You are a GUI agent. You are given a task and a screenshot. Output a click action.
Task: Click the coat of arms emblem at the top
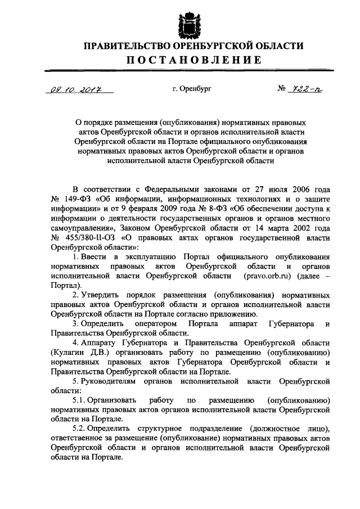[186, 24]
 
